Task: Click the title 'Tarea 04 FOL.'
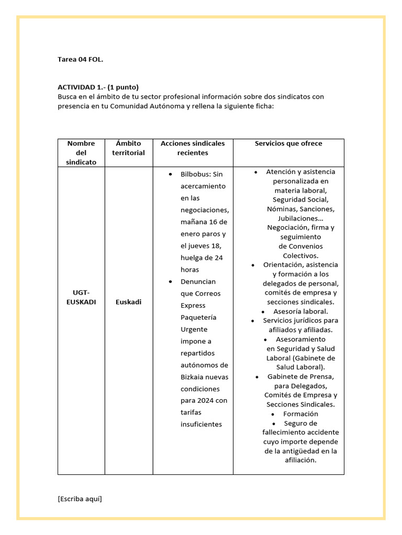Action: click(x=80, y=60)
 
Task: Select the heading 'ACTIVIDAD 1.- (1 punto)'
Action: click(x=98, y=87)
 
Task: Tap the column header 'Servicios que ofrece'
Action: click(x=288, y=144)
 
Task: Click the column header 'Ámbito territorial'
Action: click(x=128, y=148)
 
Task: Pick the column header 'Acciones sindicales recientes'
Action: click(x=193, y=148)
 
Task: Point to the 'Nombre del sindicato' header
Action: click(x=81, y=153)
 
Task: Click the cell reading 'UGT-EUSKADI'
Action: click(x=81, y=297)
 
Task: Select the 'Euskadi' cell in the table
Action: click(x=128, y=302)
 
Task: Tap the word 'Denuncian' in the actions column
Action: click(x=197, y=282)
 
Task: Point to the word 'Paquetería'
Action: click(x=198, y=317)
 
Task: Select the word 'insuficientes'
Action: click(x=202, y=424)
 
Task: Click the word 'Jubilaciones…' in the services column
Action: click(x=300, y=218)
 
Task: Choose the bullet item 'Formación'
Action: click(x=300, y=414)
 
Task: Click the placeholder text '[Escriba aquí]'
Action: click(x=80, y=498)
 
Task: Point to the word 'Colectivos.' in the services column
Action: click(x=300, y=255)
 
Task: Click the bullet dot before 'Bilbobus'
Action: click(x=171, y=174)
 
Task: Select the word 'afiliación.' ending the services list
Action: click(x=300, y=460)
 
